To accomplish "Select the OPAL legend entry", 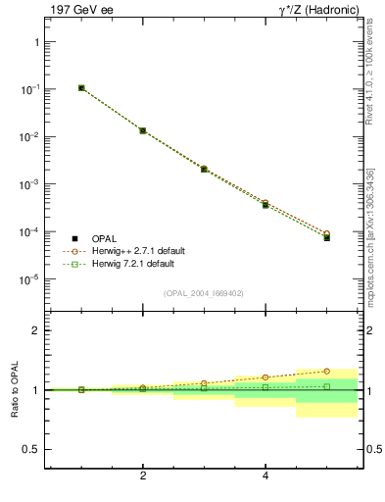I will click(x=106, y=238).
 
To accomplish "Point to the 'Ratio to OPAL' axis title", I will click(x=13, y=390).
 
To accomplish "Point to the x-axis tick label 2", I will click(x=143, y=477).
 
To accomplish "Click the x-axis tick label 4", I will click(x=265, y=477).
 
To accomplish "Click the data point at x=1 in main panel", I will click(x=81, y=88).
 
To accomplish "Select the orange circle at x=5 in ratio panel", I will click(x=327, y=372).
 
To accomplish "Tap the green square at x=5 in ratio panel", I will click(x=327, y=386).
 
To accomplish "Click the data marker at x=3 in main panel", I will click(x=204, y=169).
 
